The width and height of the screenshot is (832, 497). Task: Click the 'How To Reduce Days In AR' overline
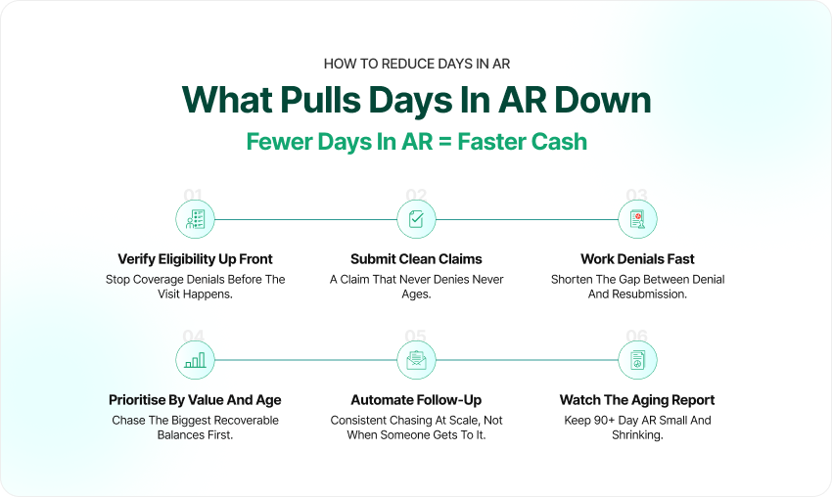tap(417, 65)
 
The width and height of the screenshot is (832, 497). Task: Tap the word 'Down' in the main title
tap(602, 100)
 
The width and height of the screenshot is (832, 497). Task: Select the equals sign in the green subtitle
tap(445, 142)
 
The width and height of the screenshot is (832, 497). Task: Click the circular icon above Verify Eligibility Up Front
tap(195, 219)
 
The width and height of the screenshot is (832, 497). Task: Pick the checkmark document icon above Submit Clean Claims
tap(417, 219)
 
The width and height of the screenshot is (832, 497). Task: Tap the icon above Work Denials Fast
tap(638, 219)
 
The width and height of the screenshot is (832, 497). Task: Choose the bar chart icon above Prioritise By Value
tap(195, 360)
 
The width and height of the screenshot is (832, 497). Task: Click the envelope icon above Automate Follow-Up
tap(417, 360)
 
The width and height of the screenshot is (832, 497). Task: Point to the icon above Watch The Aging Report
tap(638, 360)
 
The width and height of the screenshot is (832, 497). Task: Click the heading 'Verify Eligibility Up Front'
tap(195, 259)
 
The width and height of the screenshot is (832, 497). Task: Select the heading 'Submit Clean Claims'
tap(417, 259)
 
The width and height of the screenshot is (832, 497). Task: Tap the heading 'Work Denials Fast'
tap(638, 259)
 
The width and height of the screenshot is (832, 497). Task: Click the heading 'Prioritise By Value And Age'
tap(195, 400)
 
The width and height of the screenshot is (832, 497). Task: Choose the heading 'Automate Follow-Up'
tap(417, 400)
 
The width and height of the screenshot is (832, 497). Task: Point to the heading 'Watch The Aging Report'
tap(638, 400)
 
